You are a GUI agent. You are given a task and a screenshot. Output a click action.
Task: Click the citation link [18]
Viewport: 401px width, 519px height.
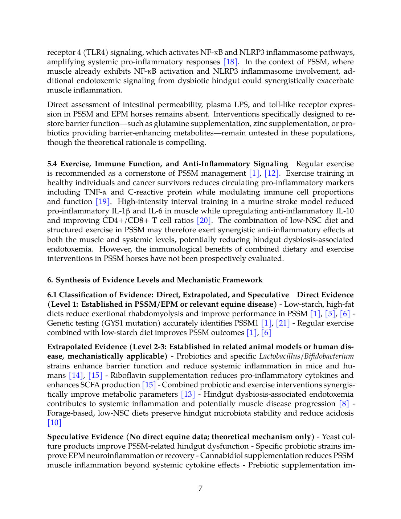pos(230,62)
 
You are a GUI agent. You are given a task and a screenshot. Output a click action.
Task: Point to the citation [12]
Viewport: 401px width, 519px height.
pos(271,173)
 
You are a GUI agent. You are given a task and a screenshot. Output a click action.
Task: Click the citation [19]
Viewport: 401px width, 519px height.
pos(103,202)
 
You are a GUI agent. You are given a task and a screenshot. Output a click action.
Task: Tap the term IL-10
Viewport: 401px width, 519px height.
pos(344,211)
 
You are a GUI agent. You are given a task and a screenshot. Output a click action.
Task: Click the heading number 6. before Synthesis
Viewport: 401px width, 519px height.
pos(50,280)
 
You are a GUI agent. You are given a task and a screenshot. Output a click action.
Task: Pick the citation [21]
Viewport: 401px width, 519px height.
pos(283,323)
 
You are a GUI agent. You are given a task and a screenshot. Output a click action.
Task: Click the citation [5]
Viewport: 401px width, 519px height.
pos(330,314)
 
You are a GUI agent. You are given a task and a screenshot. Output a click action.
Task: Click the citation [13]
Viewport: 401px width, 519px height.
pos(188,395)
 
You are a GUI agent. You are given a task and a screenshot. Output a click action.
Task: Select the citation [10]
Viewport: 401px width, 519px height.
pos(54,423)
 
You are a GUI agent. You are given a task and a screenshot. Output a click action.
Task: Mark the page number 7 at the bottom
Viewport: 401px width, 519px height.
pos(200,489)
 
